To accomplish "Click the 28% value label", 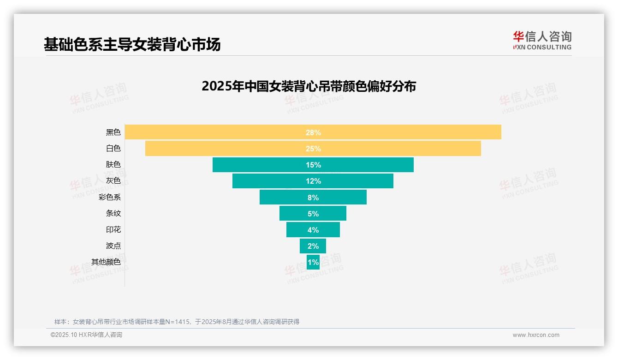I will click(x=313, y=132).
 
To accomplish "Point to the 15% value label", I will click(x=313, y=165).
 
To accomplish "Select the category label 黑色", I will click(x=113, y=132).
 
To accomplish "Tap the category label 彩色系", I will click(x=110, y=197).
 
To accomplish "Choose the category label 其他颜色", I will click(x=106, y=262).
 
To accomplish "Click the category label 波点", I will click(x=113, y=246).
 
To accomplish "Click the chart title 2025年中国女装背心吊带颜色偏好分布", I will click(x=309, y=86).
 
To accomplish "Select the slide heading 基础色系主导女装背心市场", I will click(x=132, y=44).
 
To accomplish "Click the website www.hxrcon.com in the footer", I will click(x=536, y=335).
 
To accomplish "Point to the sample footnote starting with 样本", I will click(x=177, y=322).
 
